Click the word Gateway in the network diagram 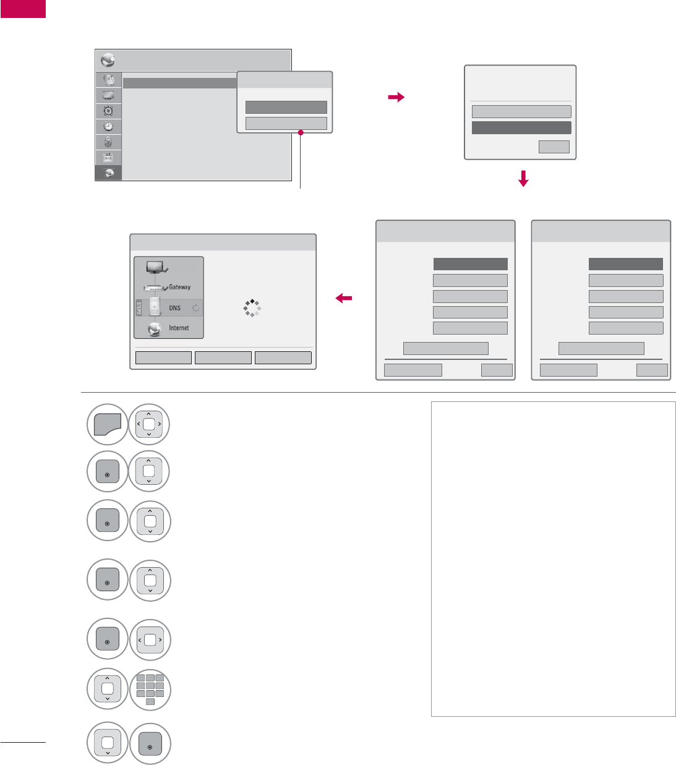(x=179, y=287)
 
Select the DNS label (x=175, y=308)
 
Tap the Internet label (x=179, y=328)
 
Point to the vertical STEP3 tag (x=139, y=308)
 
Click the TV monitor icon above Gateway (x=155, y=268)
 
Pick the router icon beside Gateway (x=155, y=288)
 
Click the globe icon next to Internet (x=155, y=329)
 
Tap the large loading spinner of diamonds (x=252, y=308)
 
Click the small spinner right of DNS (x=195, y=308)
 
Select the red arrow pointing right (x=396, y=97)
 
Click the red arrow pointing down (x=523, y=179)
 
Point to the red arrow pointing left (x=344, y=299)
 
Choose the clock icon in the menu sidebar (x=108, y=127)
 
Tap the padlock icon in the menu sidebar (x=108, y=142)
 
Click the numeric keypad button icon (x=150, y=690)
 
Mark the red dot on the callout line (x=301, y=132)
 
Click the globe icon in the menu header (x=108, y=61)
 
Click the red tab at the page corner (x=23, y=9)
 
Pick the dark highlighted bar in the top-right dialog (x=521, y=128)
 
